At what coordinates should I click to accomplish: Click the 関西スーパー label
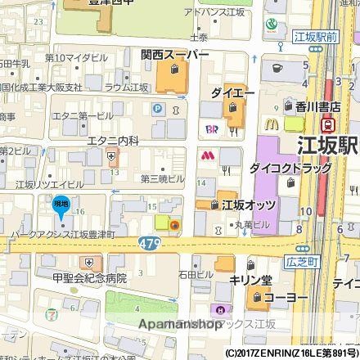click(174, 55)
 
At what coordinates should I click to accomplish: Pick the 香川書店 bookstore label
click(317, 106)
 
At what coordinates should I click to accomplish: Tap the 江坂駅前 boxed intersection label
click(315, 37)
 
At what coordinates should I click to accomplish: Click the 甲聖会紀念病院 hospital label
click(90, 278)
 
